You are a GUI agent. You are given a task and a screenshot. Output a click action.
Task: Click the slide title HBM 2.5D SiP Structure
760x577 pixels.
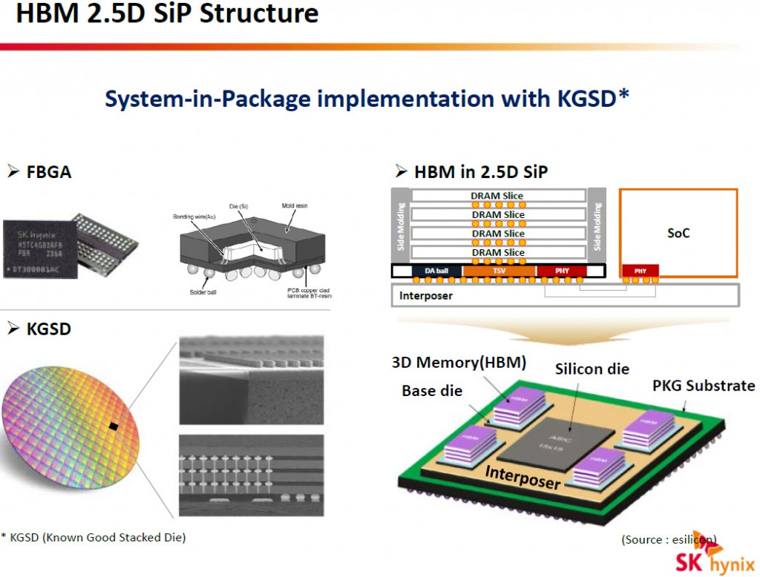[x=167, y=15]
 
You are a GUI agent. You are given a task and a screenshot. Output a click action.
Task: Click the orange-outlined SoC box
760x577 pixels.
[x=678, y=232]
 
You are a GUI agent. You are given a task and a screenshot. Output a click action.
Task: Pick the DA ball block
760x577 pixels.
[x=436, y=271]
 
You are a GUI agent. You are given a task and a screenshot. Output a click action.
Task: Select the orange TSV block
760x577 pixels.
[x=498, y=271]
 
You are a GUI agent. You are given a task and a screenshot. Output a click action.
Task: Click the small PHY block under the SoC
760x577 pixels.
[x=641, y=271]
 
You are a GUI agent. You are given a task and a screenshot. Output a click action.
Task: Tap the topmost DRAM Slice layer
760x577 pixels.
[x=497, y=196]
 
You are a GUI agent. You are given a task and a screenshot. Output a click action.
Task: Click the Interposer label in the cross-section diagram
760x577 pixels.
[x=426, y=295]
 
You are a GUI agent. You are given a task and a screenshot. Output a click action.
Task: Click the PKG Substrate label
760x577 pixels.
[x=704, y=386]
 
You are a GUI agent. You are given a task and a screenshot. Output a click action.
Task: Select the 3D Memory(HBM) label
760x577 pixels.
[x=459, y=363]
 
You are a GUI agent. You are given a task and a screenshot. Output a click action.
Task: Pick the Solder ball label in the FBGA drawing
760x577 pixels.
[x=203, y=291]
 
